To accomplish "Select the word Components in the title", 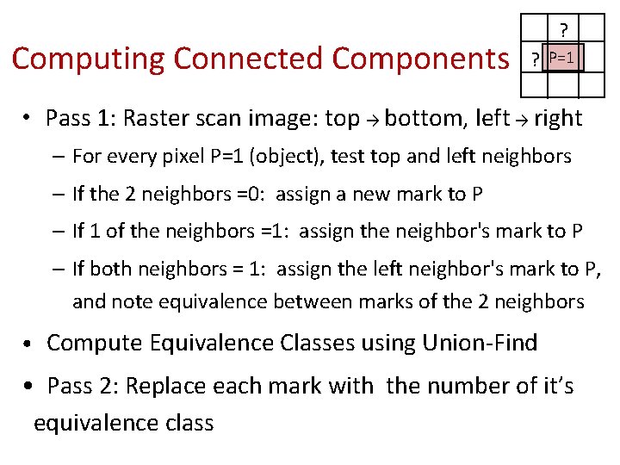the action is pos(420,59).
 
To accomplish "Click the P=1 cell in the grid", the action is pos(563,59).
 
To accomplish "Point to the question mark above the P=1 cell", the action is pos(564,29).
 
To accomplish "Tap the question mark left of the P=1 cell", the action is pos(536,60).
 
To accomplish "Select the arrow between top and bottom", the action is pos(372,120).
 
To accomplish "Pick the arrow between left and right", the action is pos(521,120).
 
